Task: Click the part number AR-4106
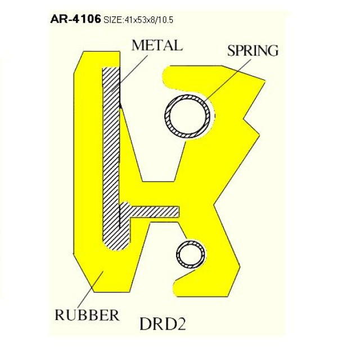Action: (75, 19)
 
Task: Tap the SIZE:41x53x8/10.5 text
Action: (138, 20)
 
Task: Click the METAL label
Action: (157, 46)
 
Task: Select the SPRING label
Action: (253, 51)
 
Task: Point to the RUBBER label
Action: (87, 315)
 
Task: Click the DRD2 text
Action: (163, 324)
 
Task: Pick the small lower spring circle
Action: (191, 254)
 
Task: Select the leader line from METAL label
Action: (129, 74)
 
